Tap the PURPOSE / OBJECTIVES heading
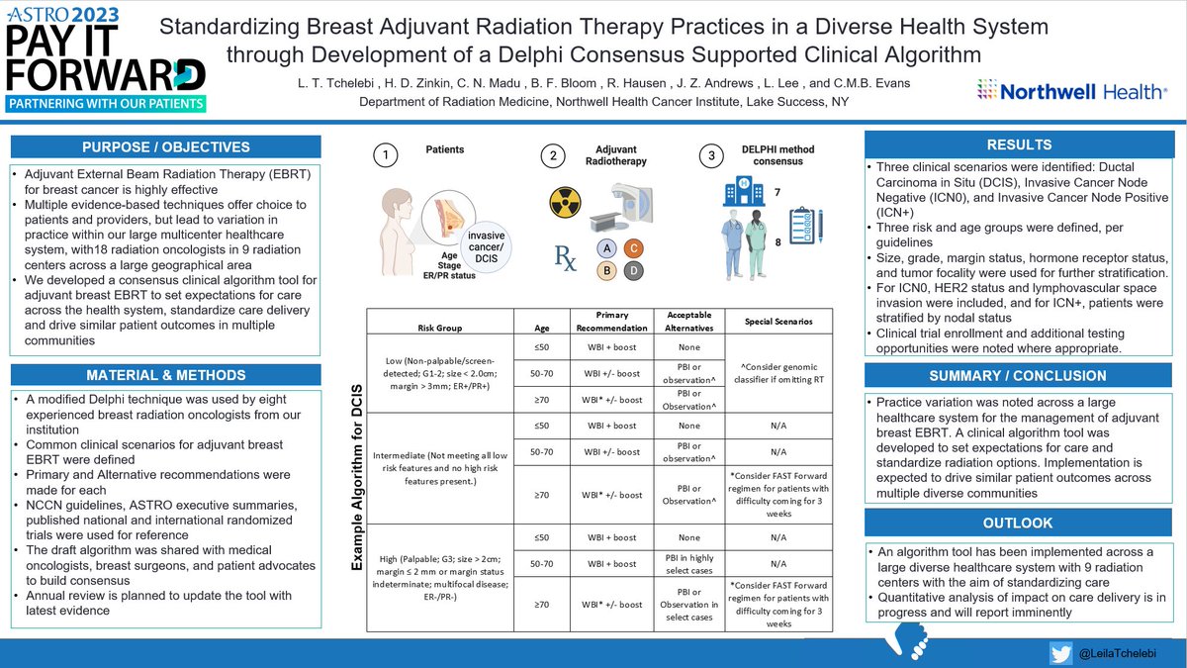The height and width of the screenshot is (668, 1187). tap(166, 146)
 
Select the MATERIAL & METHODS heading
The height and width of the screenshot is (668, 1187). tap(166, 375)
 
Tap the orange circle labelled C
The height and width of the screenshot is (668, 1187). tap(634, 246)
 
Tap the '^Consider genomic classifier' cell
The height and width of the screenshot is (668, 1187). tap(778, 371)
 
